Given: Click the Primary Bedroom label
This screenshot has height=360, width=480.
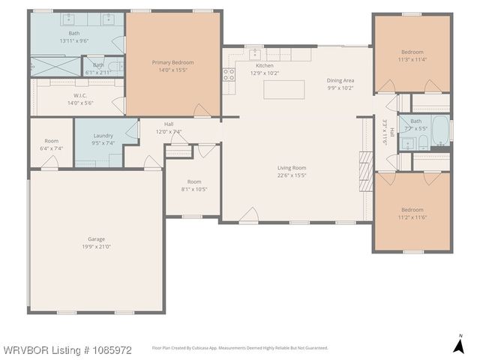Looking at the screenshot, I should click(172, 62).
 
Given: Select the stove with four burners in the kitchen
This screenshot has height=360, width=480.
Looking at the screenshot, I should click(228, 73).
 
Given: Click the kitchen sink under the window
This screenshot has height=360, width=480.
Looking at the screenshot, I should click(256, 54).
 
